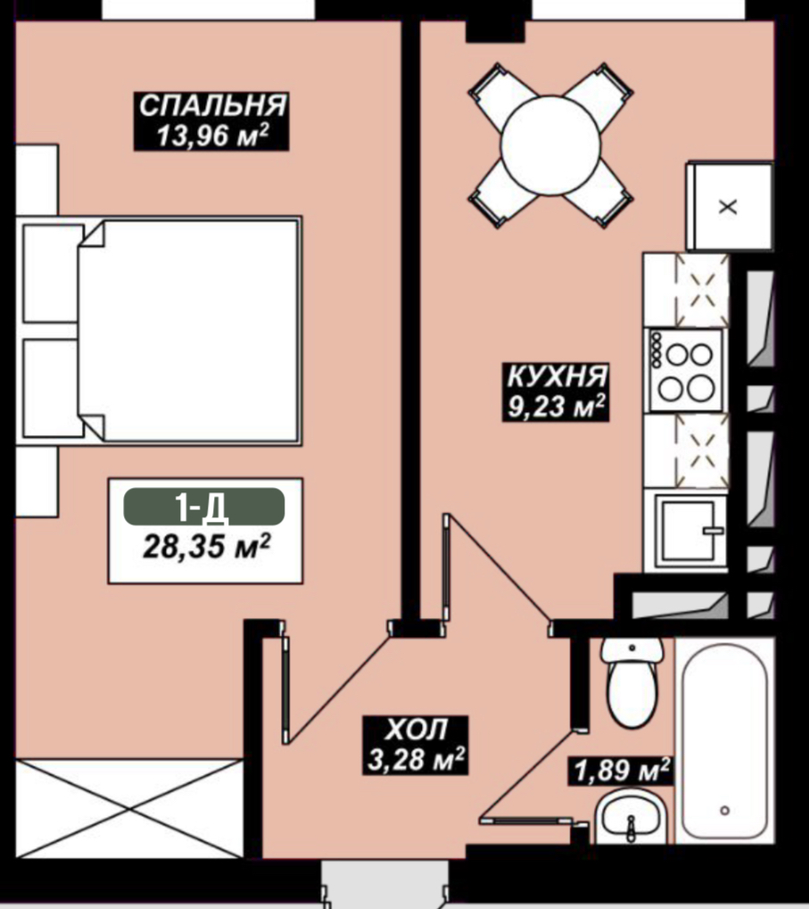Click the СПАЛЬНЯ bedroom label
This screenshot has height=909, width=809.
(212, 105)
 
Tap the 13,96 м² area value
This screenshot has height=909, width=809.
(212, 136)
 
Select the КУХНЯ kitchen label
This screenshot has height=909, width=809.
(557, 376)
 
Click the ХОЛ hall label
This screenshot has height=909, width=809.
(417, 730)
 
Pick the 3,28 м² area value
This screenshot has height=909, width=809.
(417, 758)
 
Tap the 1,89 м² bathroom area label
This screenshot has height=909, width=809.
(622, 771)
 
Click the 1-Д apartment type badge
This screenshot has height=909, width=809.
(204, 507)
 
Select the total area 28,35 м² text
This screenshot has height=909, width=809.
(206, 546)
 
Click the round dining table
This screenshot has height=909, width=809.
(550, 145)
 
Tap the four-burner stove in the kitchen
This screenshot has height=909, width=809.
(687, 370)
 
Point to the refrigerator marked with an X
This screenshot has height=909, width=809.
(729, 207)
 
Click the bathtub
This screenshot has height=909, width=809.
(724, 741)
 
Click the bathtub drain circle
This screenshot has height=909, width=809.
(724, 811)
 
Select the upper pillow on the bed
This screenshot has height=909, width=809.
(52, 272)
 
